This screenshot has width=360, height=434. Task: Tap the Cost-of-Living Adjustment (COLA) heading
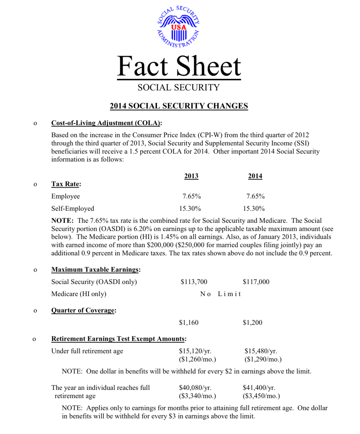pyautogui.click(x=106, y=123)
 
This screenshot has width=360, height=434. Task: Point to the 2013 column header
pyautogui.click(x=191, y=176)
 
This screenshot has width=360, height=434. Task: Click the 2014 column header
pyautogui.click(x=255, y=176)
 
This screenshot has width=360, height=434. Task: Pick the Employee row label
pyautogui.click(x=66, y=196)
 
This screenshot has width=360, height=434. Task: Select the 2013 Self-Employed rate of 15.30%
pyautogui.click(x=190, y=209)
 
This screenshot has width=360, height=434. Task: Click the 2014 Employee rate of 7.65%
pyautogui.click(x=255, y=196)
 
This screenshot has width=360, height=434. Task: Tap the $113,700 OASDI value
pyautogui.click(x=194, y=281)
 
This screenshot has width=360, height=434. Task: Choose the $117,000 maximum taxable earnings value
pyautogui.click(x=256, y=281)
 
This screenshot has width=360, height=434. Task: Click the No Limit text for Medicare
pyautogui.click(x=221, y=294)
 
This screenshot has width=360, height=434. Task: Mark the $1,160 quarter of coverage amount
pyautogui.click(x=189, y=323)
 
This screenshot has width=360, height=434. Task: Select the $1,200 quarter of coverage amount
pyautogui.click(x=252, y=323)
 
